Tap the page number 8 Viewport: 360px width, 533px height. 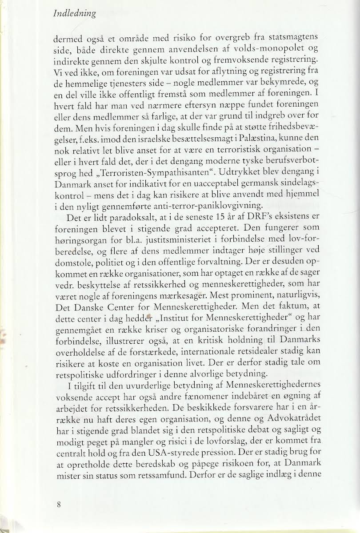(59, 504)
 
